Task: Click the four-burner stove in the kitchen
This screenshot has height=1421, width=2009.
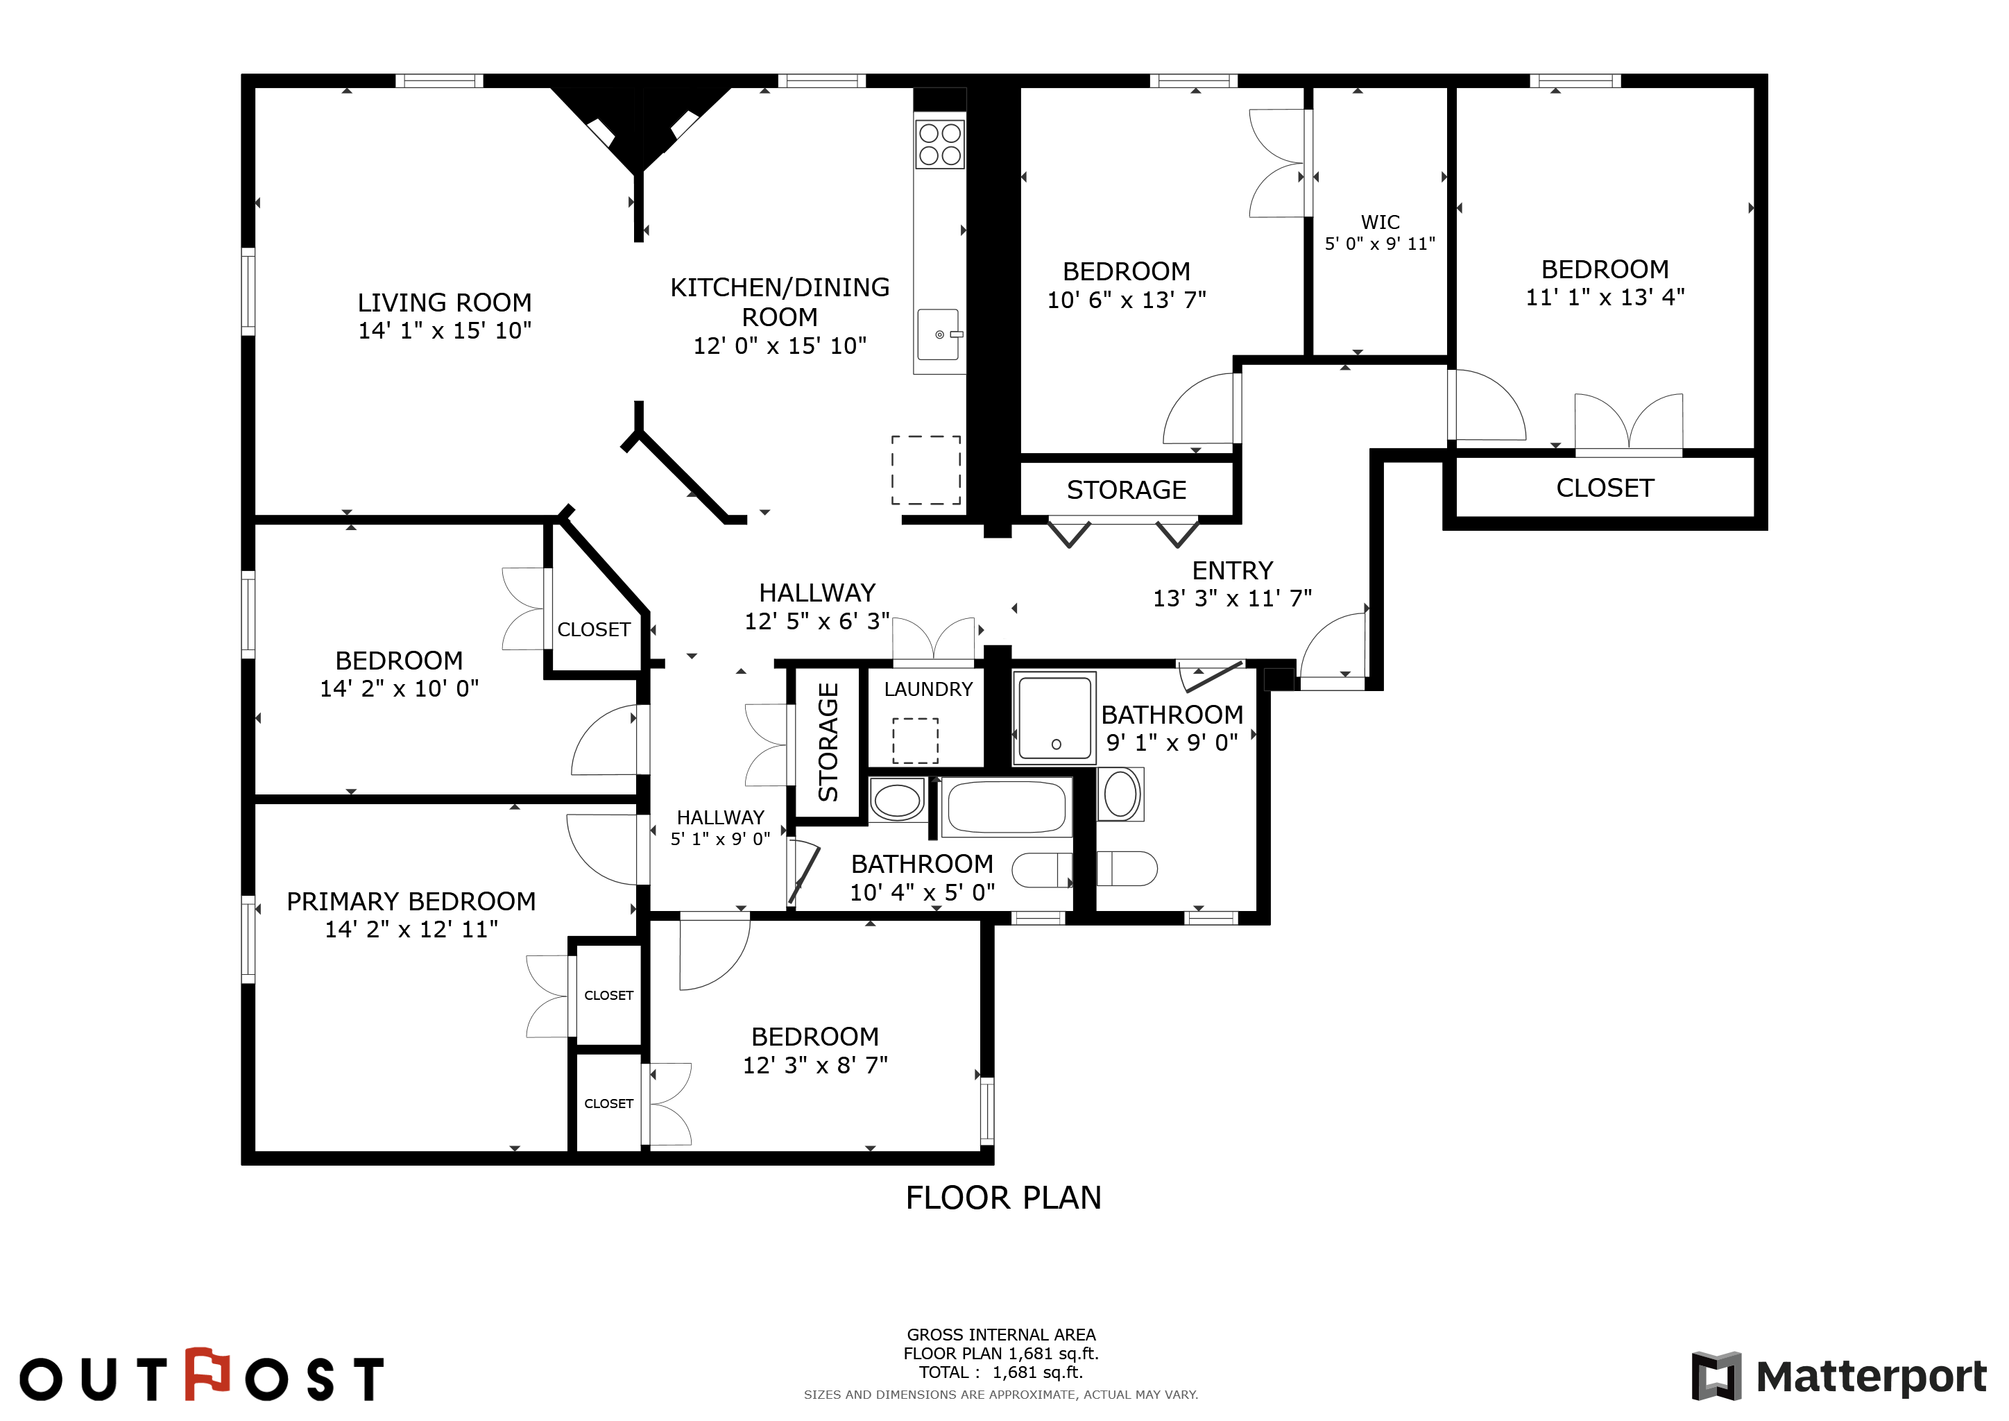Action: click(940, 144)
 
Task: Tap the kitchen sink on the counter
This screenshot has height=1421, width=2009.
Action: click(939, 334)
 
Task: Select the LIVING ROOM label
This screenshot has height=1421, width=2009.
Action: click(445, 303)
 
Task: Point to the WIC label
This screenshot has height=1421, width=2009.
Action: click(1380, 222)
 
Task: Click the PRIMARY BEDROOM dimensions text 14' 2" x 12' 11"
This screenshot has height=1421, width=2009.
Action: click(411, 929)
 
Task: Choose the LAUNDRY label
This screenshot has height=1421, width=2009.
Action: click(928, 690)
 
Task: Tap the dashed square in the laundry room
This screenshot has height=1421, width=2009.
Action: click(915, 740)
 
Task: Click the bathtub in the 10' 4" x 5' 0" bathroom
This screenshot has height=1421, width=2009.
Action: click(1007, 807)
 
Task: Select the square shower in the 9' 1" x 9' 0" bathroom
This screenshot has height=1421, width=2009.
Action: click(1054, 718)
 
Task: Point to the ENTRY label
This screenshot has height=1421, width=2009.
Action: click(1232, 570)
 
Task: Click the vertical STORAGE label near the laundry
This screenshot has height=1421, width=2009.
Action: click(828, 742)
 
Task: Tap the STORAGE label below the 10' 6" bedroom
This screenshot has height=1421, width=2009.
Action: click(1126, 490)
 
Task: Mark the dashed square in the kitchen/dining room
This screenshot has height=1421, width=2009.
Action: click(925, 470)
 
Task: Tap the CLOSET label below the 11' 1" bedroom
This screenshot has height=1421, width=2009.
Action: click(1605, 488)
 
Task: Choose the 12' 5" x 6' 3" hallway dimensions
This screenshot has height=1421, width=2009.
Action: click(817, 621)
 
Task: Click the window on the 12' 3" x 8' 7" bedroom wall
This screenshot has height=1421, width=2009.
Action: click(987, 1112)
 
